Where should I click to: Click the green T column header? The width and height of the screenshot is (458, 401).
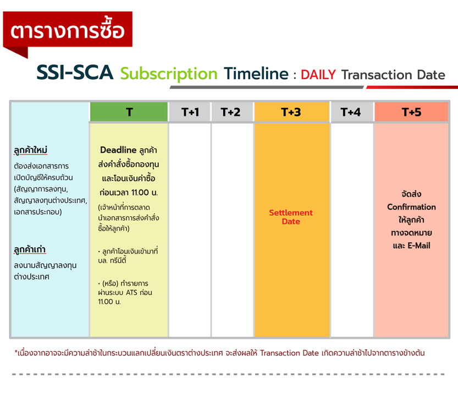pos(129,112)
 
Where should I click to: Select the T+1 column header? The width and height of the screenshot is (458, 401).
pos(190,112)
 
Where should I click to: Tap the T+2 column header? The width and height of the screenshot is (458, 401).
pos(233,112)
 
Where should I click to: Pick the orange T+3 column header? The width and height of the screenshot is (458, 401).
pos(292,112)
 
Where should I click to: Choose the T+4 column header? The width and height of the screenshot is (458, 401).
pos(352,112)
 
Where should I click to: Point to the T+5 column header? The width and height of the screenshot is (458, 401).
pos(411,112)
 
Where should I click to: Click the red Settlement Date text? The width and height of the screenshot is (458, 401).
pos(291,217)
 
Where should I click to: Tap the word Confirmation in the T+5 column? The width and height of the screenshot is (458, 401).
pos(411,207)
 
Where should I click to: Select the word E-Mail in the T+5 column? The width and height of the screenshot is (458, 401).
pos(419,246)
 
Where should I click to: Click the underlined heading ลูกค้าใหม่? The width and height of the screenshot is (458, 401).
pos(30,150)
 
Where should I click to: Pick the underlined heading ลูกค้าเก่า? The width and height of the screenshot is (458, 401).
pos(30,249)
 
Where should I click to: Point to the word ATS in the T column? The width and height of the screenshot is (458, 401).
pos(131,292)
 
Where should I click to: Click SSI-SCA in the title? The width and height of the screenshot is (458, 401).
pos(75,73)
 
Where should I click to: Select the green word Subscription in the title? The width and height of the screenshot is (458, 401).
pos(169,74)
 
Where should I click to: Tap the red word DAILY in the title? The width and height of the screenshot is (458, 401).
pos(318,75)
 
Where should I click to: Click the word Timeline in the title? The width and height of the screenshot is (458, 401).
pos(256,73)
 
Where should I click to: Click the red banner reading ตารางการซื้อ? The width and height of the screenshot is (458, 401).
pos(68,29)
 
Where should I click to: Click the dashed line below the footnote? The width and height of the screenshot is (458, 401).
pos(228,374)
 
